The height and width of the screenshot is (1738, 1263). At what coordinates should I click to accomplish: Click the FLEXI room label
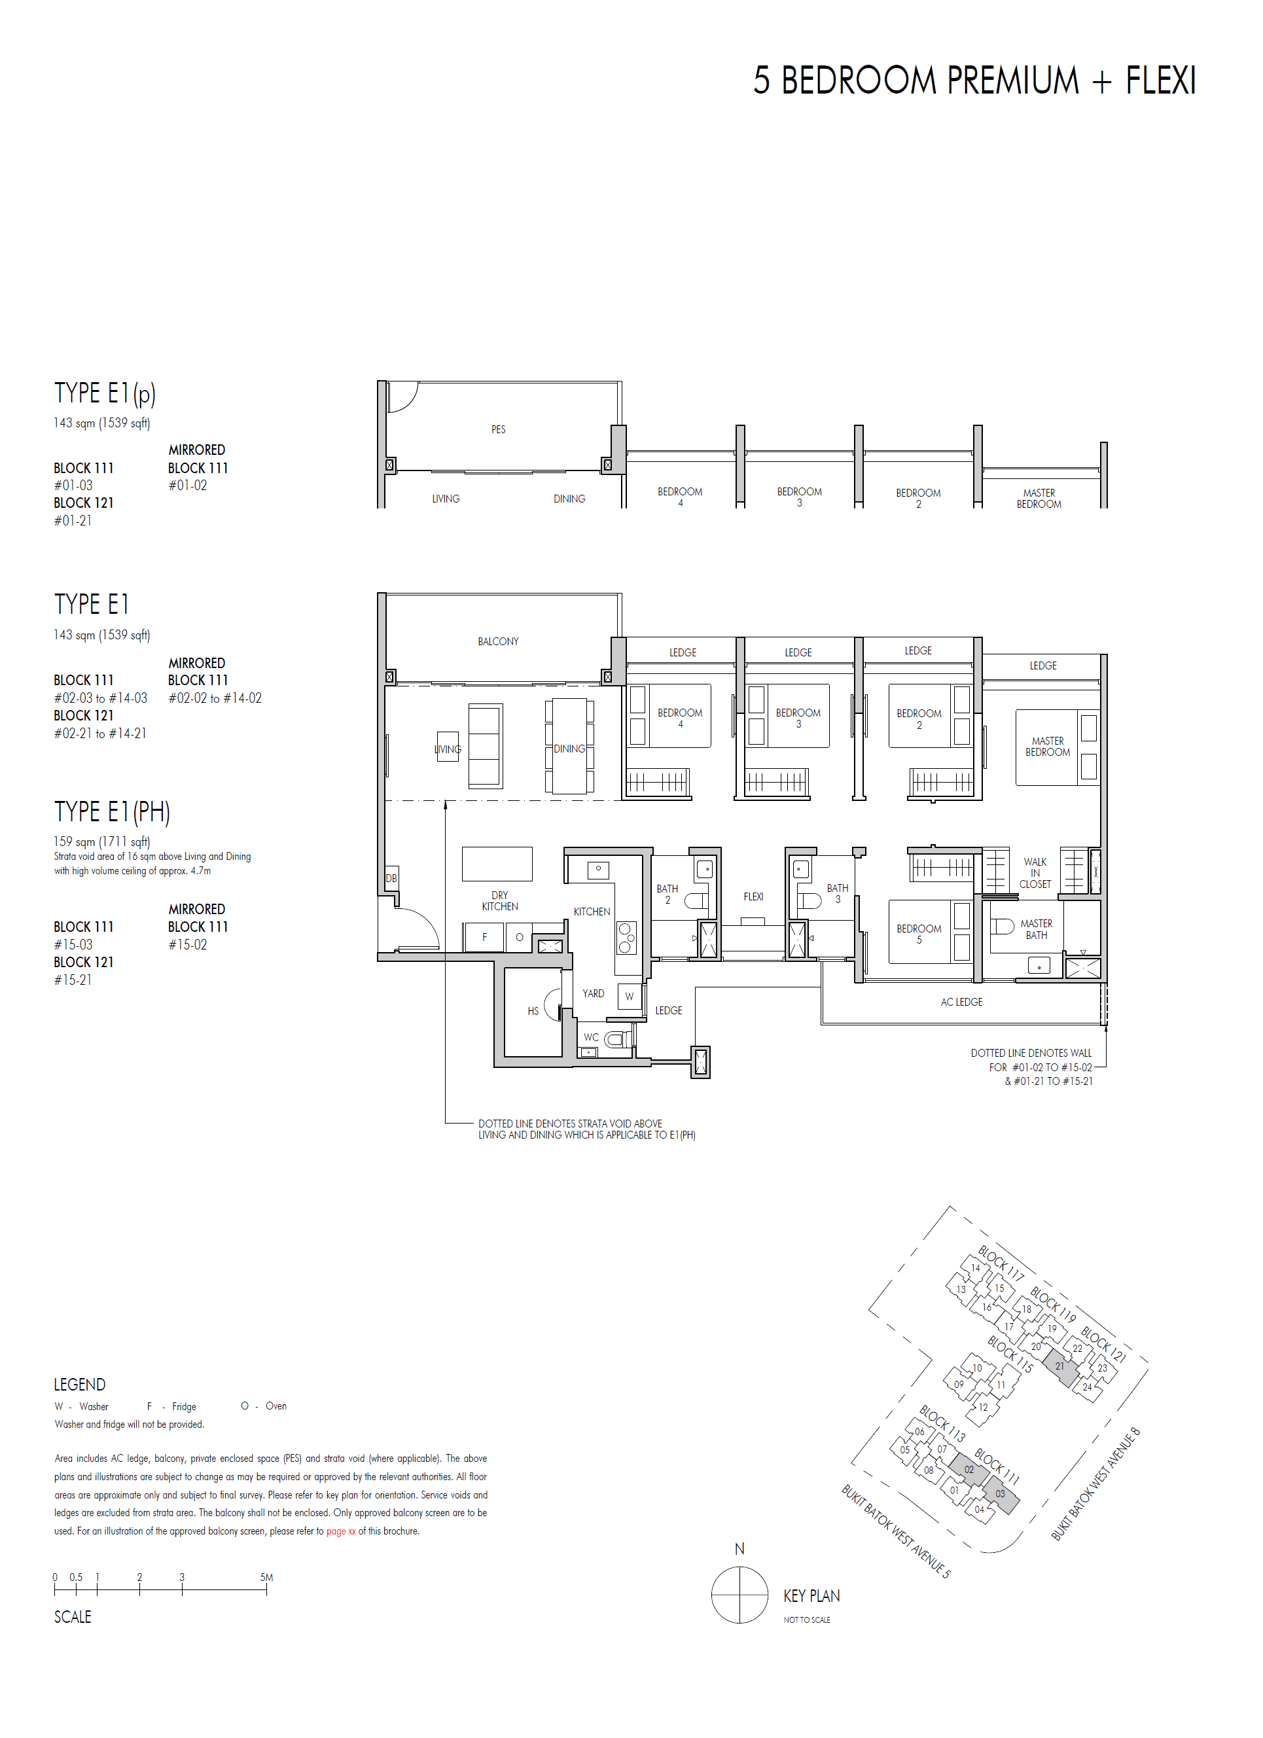753,896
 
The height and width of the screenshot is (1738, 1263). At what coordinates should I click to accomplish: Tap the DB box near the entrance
391,878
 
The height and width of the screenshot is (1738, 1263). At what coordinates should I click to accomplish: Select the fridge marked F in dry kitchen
484,936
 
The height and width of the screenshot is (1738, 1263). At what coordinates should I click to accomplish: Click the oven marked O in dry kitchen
519,936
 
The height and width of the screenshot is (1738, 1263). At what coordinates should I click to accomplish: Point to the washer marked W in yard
628,996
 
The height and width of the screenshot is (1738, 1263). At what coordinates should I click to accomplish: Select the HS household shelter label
533,1011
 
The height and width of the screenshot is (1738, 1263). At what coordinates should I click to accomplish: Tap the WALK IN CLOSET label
1035,873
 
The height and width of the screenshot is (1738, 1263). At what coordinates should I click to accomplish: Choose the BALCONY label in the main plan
498,641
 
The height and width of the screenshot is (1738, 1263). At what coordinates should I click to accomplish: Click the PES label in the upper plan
498,429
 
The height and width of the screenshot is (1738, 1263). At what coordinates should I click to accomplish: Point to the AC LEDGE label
961,1002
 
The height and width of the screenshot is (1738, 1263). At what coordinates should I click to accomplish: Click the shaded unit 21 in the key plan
1060,1366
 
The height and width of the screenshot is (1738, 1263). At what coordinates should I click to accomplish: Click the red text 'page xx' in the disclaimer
341,1531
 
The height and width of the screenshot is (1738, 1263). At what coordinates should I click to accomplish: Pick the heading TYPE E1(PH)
112,811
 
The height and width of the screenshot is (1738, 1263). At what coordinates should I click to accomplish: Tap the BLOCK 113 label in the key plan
942,1423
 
